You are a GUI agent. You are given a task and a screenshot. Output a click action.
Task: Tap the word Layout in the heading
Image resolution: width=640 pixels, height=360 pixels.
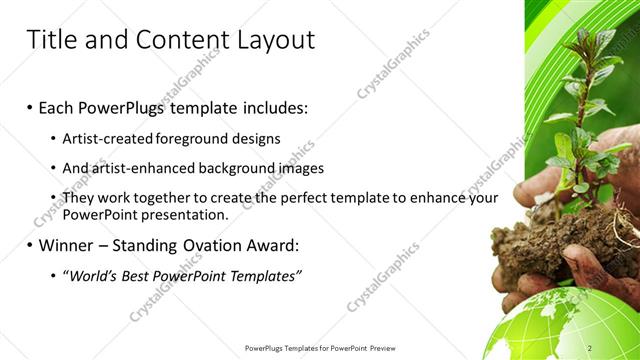coord(270,40)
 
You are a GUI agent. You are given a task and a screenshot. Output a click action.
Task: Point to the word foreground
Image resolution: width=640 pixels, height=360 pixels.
coord(196,139)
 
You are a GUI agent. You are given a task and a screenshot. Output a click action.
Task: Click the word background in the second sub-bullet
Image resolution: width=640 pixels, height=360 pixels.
coord(233,168)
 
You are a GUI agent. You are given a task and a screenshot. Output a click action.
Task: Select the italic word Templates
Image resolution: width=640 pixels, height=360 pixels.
coord(265,276)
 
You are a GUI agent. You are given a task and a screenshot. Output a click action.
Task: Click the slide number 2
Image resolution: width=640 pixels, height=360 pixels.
coord(619,347)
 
